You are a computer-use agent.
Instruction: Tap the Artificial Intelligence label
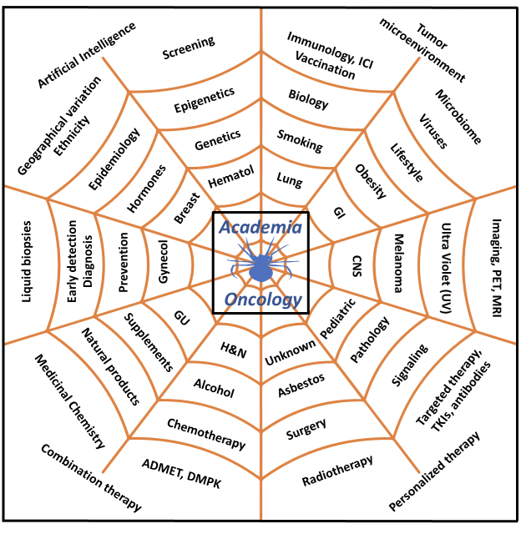click(x=87, y=56)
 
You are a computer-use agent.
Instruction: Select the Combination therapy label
click(x=90, y=477)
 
